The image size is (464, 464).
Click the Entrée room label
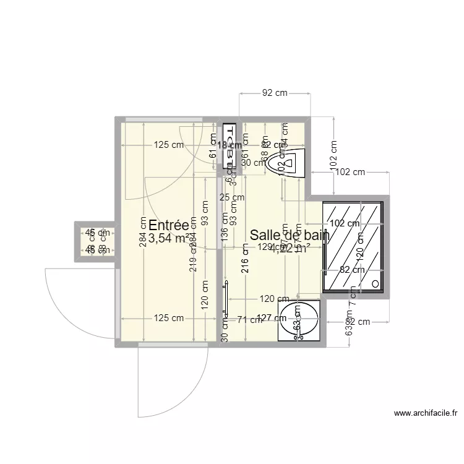[x=168, y=225]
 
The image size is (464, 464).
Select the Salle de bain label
[x=288, y=234]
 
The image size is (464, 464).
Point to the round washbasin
[x=300, y=321]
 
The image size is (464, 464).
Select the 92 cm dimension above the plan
[x=275, y=93]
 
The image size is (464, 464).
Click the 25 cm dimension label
[x=232, y=197]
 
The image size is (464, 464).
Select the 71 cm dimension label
[x=249, y=320]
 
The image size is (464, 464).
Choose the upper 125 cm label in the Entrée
[x=169, y=145]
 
